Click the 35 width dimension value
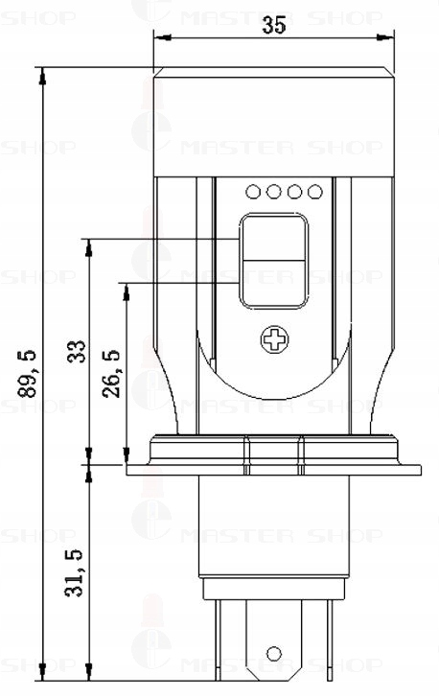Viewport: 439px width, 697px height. pyautogui.click(x=273, y=27)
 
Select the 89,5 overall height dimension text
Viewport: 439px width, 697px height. pyautogui.click(x=28, y=372)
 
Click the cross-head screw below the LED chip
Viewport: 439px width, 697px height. pyautogui.click(x=275, y=338)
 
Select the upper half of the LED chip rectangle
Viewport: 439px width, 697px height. pyautogui.click(x=274, y=239)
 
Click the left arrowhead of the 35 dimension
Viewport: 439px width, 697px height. pyautogui.click(x=160, y=38)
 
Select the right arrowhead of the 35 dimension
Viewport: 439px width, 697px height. pyautogui.click(x=390, y=38)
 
